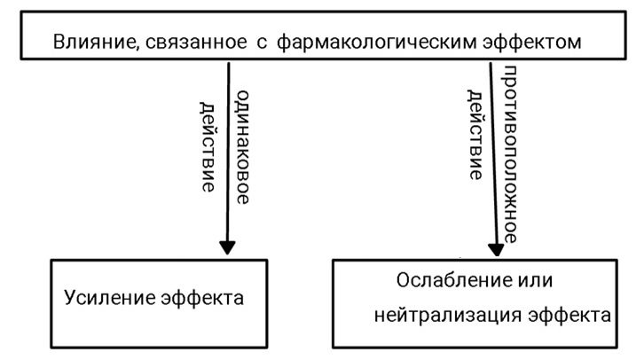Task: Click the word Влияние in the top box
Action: click(94, 42)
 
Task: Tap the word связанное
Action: click(196, 42)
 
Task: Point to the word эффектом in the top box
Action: click(532, 42)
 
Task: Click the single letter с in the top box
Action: click(262, 43)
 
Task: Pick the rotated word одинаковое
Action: click(243, 147)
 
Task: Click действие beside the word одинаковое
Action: click(208, 147)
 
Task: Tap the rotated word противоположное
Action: click(509, 154)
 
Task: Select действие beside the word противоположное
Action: click(475, 135)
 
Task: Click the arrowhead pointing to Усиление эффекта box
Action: click(227, 247)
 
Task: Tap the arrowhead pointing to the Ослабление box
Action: click(496, 249)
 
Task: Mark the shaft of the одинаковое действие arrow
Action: click(228, 152)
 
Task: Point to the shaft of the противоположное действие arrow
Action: click(493, 153)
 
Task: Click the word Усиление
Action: click(108, 298)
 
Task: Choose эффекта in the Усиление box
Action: click(202, 298)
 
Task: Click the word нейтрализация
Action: click(448, 316)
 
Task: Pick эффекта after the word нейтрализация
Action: click(569, 316)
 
